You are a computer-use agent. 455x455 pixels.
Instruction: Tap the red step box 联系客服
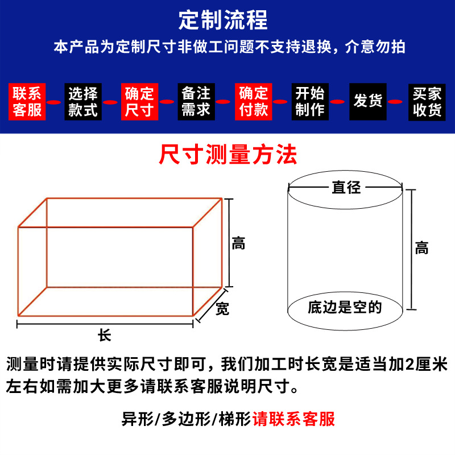pyautogui.click(x=28, y=102)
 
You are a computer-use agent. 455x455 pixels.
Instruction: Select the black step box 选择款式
pyautogui.click(x=83, y=102)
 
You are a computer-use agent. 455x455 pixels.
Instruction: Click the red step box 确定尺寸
pyautogui.click(x=139, y=102)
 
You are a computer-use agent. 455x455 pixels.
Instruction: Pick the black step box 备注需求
pyautogui.click(x=196, y=102)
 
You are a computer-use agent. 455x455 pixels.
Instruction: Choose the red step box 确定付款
pyautogui.click(x=254, y=102)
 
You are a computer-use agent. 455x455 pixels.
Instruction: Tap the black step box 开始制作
pyautogui.click(x=309, y=102)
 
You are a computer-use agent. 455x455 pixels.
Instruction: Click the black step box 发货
pyautogui.click(x=367, y=102)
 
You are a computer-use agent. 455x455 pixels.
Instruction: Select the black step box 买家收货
pyautogui.click(x=427, y=102)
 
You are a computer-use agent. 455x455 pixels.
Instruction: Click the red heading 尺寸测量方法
pyautogui.click(x=228, y=154)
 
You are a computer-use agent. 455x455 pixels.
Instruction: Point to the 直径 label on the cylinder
pyautogui.click(x=346, y=187)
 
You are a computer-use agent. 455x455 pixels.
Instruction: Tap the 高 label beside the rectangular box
pyautogui.click(x=238, y=243)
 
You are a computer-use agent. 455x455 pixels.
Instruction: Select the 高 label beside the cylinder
pyautogui.click(x=421, y=248)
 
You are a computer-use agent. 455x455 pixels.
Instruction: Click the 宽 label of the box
pyautogui.click(x=222, y=309)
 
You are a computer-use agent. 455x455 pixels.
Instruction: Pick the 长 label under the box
pyautogui.click(x=104, y=336)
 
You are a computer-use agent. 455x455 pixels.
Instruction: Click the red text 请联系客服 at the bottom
pyautogui.click(x=294, y=419)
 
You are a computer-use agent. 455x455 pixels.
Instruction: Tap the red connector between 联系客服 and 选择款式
pyautogui.click(x=55, y=102)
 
